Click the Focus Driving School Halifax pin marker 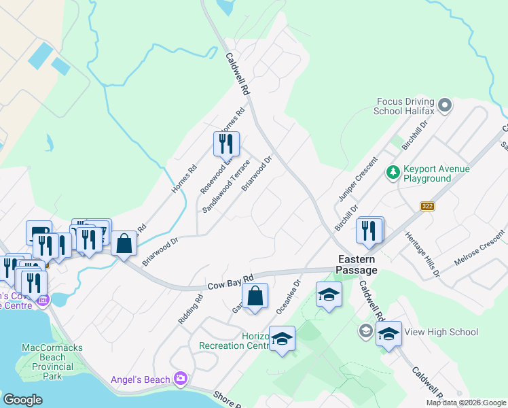[x=445, y=105]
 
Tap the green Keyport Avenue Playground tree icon [x=392, y=173]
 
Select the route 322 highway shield [x=427, y=206]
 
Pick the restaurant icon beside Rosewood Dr [x=226, y=144]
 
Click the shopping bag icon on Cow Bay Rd [x=255, y=296]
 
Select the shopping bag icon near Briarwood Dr [x=124, y=243]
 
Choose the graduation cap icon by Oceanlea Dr [x=329, y=295]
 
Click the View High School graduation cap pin [x=388, y=334]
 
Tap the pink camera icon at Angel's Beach [x=181, y=378]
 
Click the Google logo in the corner [x=23, y=400]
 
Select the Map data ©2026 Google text [x=466, y=403]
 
